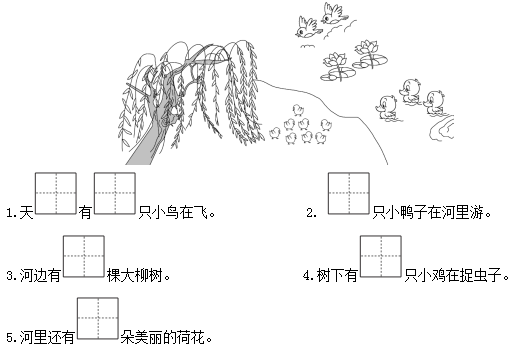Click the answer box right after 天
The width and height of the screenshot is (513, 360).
pyautogui.click(x=56, y=193)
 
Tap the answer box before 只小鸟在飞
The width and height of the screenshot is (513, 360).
pyautogui.click(x=115, y=193)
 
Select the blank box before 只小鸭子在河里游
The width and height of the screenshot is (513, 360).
pyautogui.click(x=349, y=193)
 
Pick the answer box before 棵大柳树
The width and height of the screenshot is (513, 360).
pyautogui.click(x=84, y=256)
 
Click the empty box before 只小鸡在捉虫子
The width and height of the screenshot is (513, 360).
pyautogui.click(x=381, y=256)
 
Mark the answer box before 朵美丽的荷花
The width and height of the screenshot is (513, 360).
pyautogui.click(x=98, y=318)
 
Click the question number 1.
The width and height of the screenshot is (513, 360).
pyautogui.click(x=11, y=213)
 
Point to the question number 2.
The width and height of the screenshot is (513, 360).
pyautogui.click(x=311, y=213)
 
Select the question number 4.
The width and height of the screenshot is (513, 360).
pyautogui.click(x=308, y=276)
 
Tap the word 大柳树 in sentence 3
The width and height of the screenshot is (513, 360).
pyautogui.click(x=141, y=276)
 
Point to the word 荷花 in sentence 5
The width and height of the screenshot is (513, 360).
pyautogui.click(x=190, y=337)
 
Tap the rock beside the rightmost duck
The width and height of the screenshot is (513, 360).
pyautogui.click(x=441, y=127)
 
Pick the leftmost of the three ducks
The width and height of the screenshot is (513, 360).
pyautogui.click(x=387, y=107)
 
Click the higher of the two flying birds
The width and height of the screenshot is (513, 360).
pyautogui.click(x=334, y=13)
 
